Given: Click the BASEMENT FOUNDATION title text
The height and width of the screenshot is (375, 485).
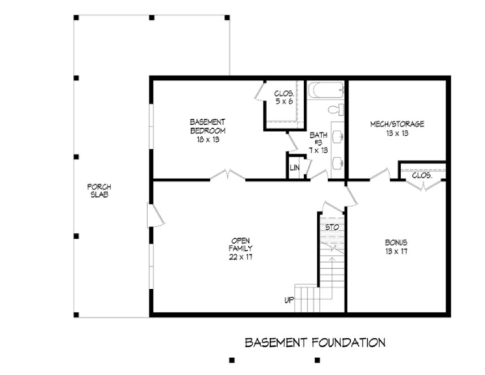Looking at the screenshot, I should click(315, 342).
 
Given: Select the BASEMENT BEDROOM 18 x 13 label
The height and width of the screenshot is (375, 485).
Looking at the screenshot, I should click(208, 130).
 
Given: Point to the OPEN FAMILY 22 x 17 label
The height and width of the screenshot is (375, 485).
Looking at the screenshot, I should click(240, 248).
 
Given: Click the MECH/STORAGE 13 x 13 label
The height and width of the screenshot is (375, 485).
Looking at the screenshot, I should click(397, 129).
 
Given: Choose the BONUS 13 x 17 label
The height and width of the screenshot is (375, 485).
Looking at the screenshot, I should click(396, 247).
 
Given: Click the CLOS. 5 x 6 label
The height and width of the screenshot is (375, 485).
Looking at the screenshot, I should click(284, 98).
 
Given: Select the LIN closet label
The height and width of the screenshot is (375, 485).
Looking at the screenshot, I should click(294, 168).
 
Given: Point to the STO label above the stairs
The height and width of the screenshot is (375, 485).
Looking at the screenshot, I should click(331, 227).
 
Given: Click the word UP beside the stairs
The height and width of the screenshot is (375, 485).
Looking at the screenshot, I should click(289, 300).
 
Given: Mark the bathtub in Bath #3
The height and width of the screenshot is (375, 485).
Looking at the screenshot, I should click(326, 90).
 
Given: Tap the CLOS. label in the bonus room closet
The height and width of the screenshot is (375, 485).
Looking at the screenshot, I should click(422, 175).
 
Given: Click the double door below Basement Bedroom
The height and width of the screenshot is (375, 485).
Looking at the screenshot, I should click(228, 176).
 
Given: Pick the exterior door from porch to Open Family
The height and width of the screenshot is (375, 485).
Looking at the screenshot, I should click(155, 215).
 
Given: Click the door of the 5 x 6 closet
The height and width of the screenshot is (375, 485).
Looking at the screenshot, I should click(260, 92).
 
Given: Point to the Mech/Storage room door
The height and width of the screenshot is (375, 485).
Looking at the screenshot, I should click(380, 175).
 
